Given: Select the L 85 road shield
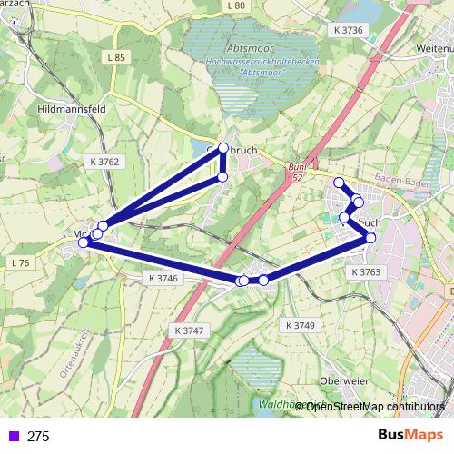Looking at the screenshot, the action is [114, 57].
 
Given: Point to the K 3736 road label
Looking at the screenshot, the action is [348, 30].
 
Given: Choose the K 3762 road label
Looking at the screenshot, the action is [104, 162].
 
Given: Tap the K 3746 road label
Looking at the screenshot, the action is [160, 278].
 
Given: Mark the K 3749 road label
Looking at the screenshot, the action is [299, 325].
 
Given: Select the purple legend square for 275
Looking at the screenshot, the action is [12, 436].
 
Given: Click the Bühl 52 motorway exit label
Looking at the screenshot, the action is [297, 173].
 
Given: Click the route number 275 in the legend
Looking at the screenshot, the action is [38, 436].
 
